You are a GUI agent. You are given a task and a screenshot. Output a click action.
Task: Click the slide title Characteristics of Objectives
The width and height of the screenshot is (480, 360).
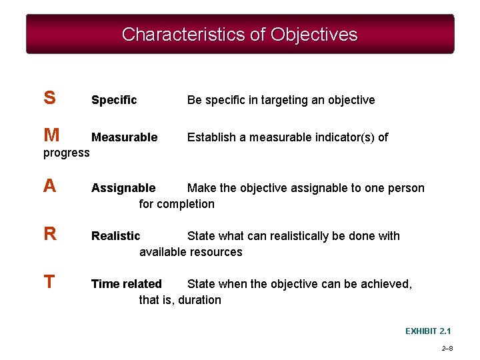(x=240, y=35)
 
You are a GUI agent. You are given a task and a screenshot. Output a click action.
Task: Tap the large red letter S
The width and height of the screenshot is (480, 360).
(x=49, y=99)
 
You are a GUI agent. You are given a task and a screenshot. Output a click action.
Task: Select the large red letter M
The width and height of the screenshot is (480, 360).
(x=51, y=136)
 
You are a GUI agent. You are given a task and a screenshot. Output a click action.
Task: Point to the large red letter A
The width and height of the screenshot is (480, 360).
(x=49, y=187)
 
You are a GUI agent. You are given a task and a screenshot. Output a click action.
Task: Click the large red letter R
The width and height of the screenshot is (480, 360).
(x=50, y=235)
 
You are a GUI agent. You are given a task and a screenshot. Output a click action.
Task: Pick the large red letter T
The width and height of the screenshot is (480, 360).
(x=49, y=283)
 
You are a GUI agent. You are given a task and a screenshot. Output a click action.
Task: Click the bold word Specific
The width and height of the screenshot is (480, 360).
(x=114, y=100)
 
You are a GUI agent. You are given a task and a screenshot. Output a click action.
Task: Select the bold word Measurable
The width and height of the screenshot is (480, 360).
(x=125, y=137)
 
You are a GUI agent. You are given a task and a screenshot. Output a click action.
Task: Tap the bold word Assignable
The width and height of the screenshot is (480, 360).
(x=123, y=188)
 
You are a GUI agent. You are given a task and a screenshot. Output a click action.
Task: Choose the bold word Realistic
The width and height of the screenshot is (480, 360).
(x=116, y=236)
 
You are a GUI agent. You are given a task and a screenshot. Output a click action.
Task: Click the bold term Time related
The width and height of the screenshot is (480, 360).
(x=127, y=284)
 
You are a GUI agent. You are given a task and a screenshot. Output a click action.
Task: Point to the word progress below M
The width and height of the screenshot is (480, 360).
(x=66, y=153)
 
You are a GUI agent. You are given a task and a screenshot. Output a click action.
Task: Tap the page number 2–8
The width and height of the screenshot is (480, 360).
(x=447, y=349)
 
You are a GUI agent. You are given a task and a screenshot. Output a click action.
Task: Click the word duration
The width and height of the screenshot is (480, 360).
(x=199, y=300)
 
